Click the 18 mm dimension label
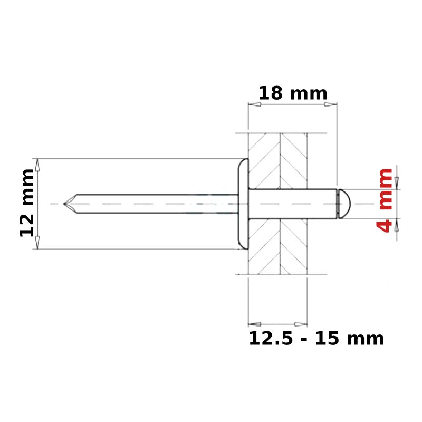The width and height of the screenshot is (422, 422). coord(293,93)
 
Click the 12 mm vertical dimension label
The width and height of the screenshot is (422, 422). coord(27,203)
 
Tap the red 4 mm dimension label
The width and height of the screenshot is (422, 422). coord(385,200)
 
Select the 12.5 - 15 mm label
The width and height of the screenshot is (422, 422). coord(316,338)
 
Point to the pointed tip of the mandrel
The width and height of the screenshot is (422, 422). coord(64,204)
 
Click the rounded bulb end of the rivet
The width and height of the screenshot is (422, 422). coord(344,204)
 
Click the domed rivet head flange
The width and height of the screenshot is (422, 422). coord(243,204)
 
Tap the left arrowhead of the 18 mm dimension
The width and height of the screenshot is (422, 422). coord(254,104)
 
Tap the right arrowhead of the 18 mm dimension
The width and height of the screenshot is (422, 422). coord(331,104)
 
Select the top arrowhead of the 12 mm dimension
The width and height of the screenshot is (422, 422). coord(37,165)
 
